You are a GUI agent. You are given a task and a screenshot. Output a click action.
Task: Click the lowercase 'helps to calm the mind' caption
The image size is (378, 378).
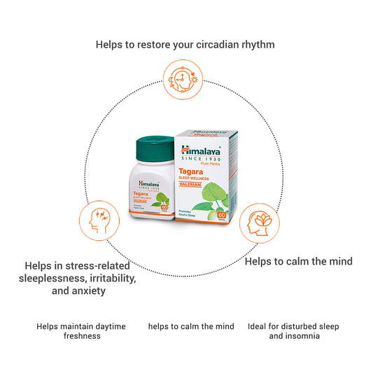point(190,326)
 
